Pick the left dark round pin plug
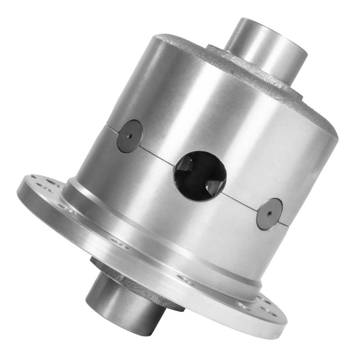(130, 136)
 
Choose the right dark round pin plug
(269, 214)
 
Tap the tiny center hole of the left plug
(130, 136)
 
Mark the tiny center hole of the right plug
(269, 214)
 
